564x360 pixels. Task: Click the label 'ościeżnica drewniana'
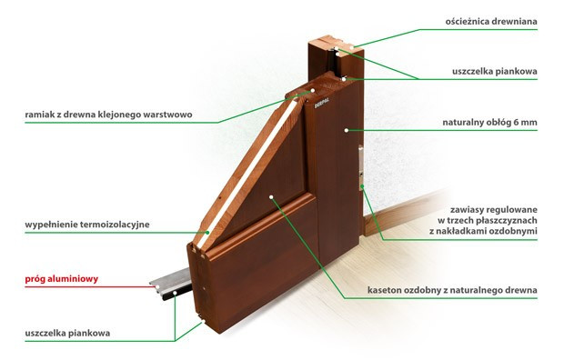tap(491, 22)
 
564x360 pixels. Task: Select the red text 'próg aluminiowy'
tap(62, 279)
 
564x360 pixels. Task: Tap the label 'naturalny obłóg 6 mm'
tap(489, 123)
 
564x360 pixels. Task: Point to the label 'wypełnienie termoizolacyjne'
tap(87, 225)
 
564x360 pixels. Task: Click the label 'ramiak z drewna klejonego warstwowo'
tap(108, 115)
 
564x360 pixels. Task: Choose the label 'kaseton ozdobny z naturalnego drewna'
tap(452, 290)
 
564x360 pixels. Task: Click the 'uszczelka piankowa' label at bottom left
tap(67, 333)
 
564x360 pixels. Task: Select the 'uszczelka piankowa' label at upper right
tap(495, 71)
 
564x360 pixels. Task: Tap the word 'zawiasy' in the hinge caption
tap(467, 210)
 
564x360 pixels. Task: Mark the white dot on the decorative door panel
tap(271, 197)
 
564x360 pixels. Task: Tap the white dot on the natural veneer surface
tap(347, 130)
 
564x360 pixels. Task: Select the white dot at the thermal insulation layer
tap(207, 233)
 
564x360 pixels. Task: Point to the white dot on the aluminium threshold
tap(157, 286)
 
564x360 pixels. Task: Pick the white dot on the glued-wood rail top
tap(313, 91)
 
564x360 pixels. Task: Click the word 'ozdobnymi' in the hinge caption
tap(515, 231)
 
